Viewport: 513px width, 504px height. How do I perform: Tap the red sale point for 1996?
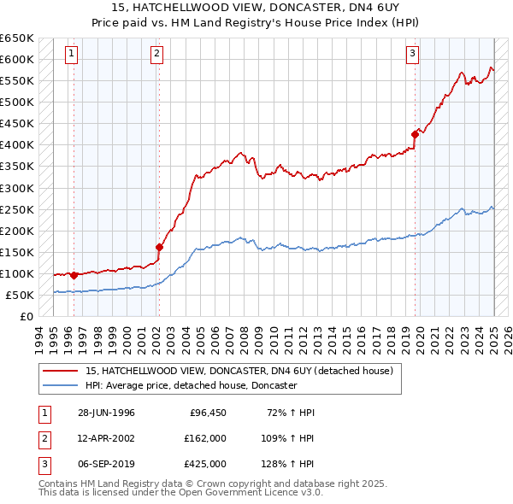(74, 275)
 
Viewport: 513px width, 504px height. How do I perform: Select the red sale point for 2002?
(158, 247)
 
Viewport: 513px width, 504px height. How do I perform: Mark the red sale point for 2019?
(416, 133)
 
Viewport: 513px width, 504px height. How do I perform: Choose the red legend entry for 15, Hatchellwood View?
(239, 371)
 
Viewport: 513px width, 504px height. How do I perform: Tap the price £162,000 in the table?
(205, 438)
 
